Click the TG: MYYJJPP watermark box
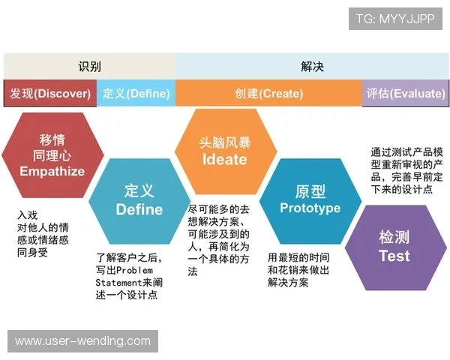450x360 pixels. (x=395, y=18)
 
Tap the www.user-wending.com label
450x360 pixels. (x=83, y=341)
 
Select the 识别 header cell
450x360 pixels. (x=89, y=66)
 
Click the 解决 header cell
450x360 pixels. (x=312, y=66)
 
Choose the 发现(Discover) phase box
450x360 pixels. (x=50, y=94)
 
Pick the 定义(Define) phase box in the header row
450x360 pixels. (x=136, y=94)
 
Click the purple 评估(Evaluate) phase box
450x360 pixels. (x=404, y=94)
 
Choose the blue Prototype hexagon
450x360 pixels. (x=310, y=199)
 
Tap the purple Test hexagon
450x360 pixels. (x=394, y=246)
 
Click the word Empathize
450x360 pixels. (x=52, y=172)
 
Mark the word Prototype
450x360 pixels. (x=310, y=208)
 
